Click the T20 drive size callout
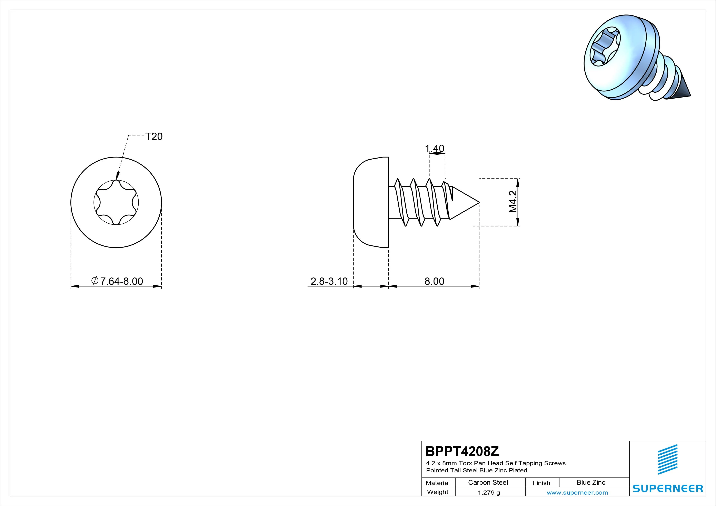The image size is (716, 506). pyautogui.click(x=154, y=136)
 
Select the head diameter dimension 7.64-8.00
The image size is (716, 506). pyautogui.click(x=117, y=281)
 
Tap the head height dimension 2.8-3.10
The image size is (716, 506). pyautogui.click(x=329, y=281)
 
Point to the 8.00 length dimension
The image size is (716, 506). pyautogui.click(x=434, y=281)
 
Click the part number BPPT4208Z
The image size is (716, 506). pyautogui.click(x=462, y=451)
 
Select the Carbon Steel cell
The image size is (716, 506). pyautogui.click(x=488, y=482)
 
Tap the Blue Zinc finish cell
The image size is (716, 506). pyautogui.click(x=591, y=482)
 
